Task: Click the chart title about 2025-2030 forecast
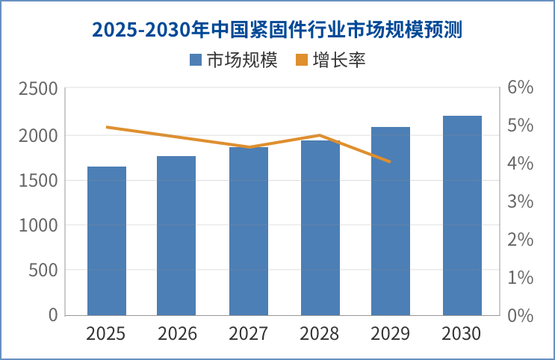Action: [277, 30]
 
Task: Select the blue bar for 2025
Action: [106, 240]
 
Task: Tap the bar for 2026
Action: [176, 235]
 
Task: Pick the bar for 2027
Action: [249, 232]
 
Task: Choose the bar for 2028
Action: [320, 228]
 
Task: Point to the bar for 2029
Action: [391, 221]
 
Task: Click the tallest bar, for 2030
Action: [462, 215]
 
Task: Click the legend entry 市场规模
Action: [234, 60]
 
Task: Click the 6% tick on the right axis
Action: [520, 87]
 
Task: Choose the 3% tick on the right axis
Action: [520, 202]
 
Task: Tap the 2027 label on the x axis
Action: [249, 334]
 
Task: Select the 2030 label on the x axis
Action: [462, 334]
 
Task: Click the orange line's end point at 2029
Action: [390, 161]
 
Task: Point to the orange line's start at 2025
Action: [107, 127]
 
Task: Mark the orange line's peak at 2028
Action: [320, 135]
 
